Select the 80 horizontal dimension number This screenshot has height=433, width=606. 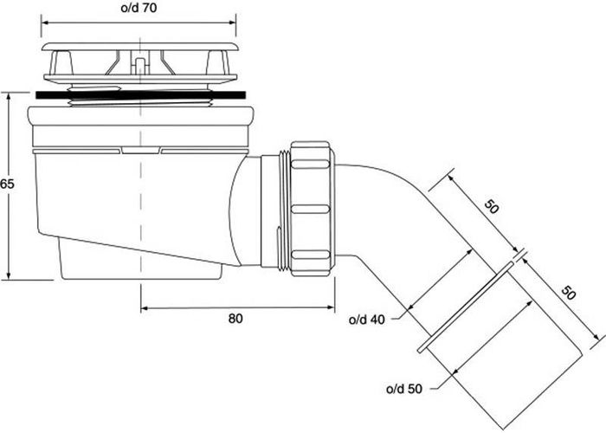click(235, 318)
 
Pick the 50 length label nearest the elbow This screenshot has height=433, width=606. click(493, 207)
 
